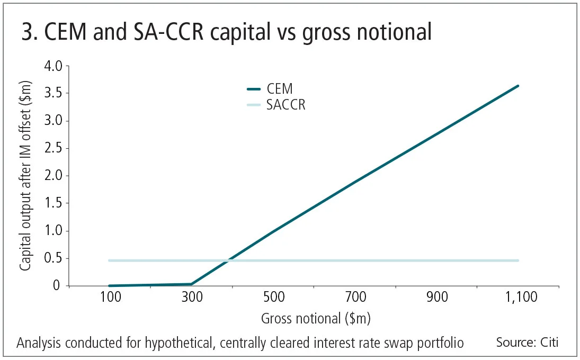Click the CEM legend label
280,89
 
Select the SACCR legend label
286,105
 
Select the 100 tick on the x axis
110,298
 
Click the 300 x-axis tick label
192,298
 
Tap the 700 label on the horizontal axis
355,298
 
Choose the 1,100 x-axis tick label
518,298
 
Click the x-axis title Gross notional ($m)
316,319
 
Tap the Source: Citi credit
527,343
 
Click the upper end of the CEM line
518,86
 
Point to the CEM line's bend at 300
191,284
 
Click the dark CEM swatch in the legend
255,89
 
